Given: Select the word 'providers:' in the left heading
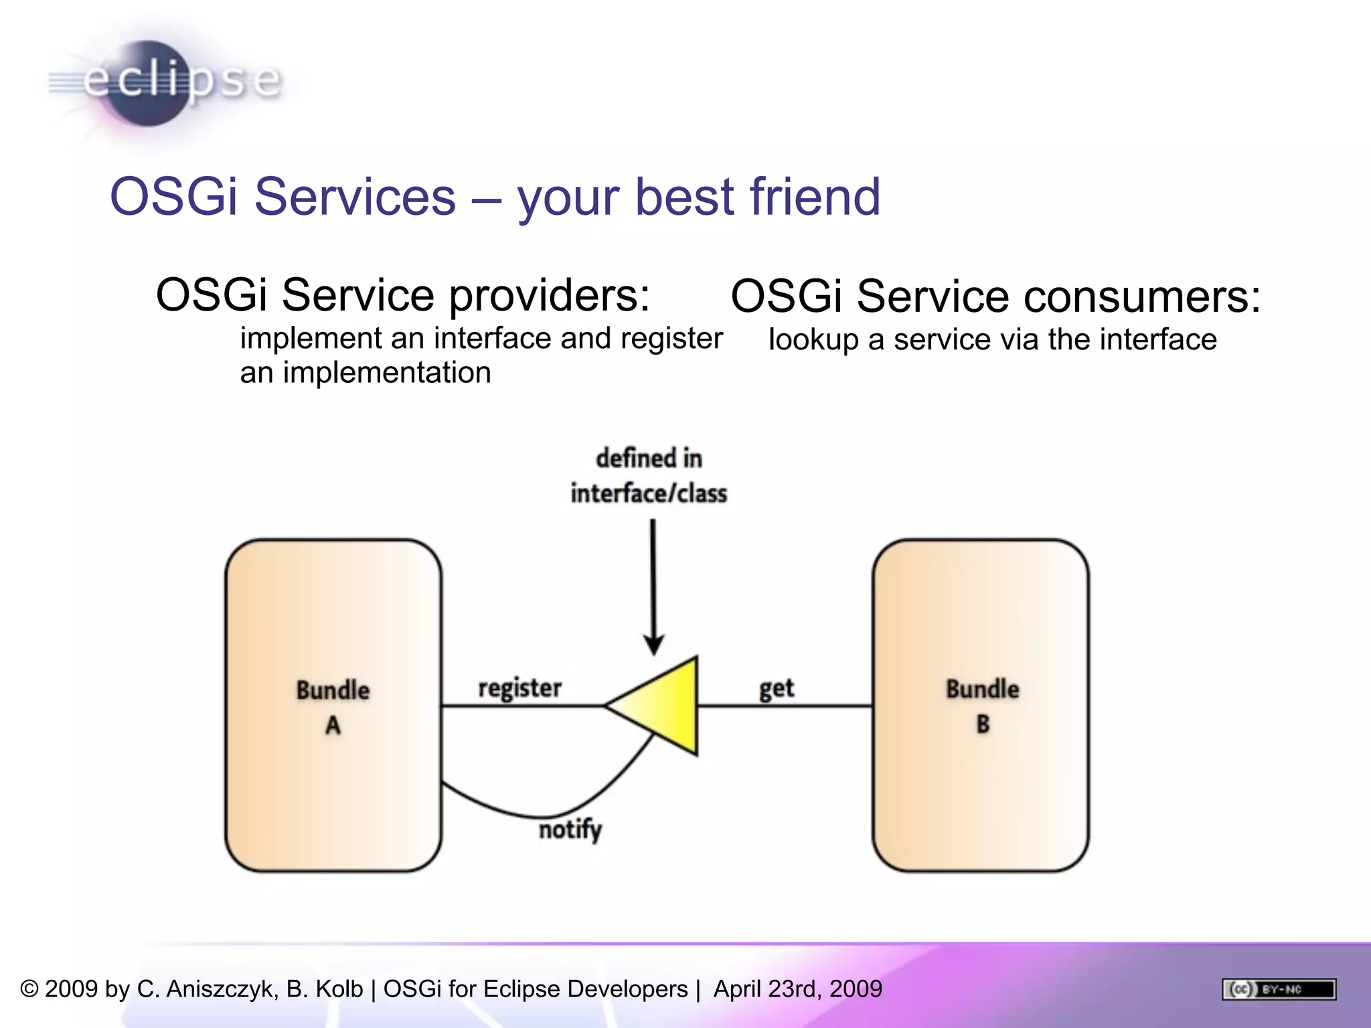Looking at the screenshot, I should coord(549,295).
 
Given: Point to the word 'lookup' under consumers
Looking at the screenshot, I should coord(813,340).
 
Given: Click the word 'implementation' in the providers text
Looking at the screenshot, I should coord(386,373).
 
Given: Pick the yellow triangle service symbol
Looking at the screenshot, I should coord(663,705).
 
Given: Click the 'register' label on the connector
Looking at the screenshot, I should coord(519,689).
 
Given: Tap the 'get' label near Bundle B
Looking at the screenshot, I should coord(776,689).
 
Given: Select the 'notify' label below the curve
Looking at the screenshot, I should coord(570,830).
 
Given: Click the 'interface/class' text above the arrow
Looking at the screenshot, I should coord(648,494).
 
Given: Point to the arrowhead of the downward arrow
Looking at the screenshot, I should coord(653,645).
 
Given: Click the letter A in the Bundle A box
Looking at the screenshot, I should coord(333,725).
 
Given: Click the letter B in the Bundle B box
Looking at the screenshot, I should coord(982,724).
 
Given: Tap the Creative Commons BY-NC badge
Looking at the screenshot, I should coord(1278,989).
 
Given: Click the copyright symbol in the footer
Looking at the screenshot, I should coord(29,989).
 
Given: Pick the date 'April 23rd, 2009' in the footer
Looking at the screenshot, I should coord(797,989).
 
